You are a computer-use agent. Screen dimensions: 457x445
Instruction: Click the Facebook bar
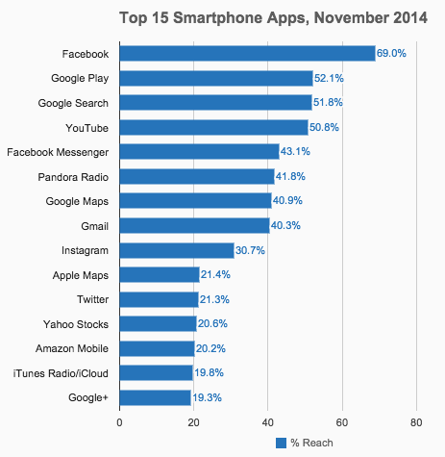pyautogui.click(x=247, y=54)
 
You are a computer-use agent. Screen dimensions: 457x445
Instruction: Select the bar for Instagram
pyautogui.click(x=176, y=250)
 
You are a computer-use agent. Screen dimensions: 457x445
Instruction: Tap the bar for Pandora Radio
pyautogui.click(x=197, y=176)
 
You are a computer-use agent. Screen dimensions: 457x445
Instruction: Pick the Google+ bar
pyautogui.click(x=155, y=397)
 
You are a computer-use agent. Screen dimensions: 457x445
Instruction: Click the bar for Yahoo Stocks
pyautogui.click(x=158, y=324)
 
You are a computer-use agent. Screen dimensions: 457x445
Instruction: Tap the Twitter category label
pyautogui.click(x=92, y=299)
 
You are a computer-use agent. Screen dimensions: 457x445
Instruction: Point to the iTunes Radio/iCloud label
pyautogui.click(x=63, y=373)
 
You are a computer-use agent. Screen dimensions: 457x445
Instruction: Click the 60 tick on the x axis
pyautogui.click(x=341, y=421)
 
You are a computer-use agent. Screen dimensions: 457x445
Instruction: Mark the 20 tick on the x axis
pyautogui.click(x=193, y=421)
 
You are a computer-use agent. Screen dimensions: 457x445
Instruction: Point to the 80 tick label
pyautogui.click(x=415, y=421)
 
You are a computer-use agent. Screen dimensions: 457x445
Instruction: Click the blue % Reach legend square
pyautogui.click(x=282, y=443)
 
